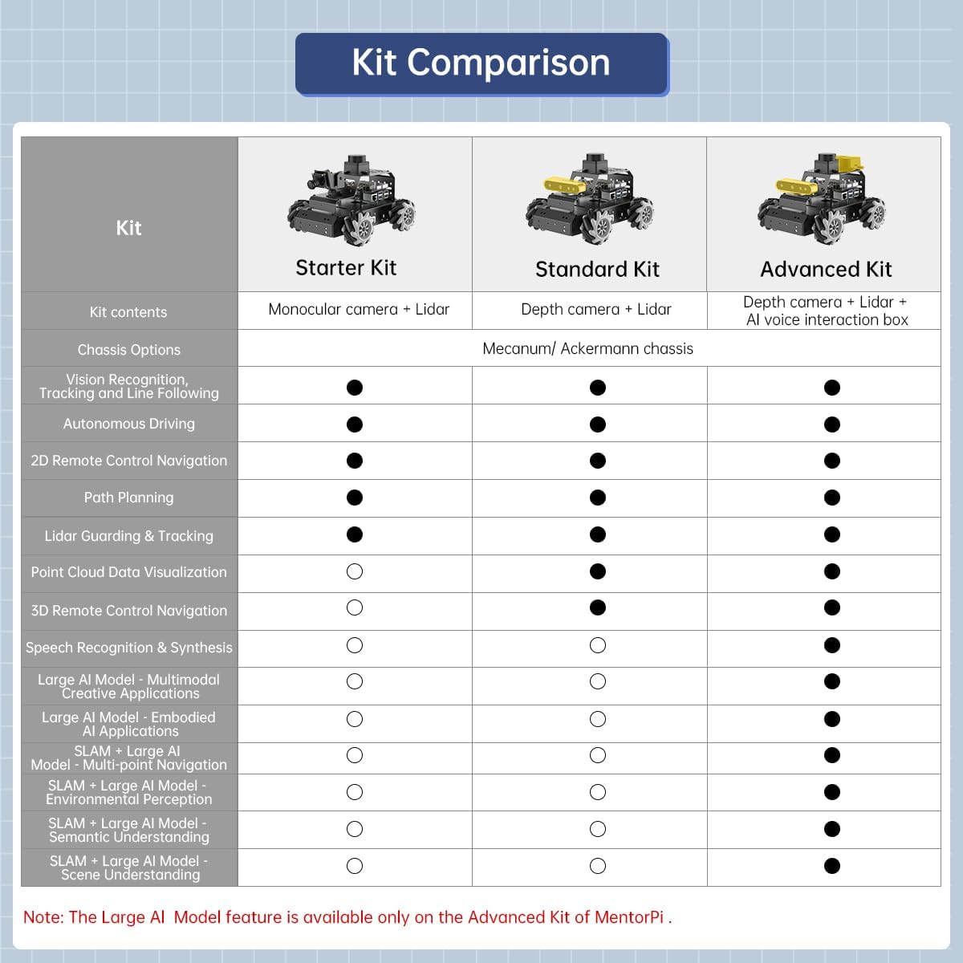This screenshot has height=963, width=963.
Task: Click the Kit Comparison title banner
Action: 481,63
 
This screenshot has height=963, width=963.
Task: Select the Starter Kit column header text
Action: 346,268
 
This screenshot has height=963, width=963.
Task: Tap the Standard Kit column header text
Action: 597,270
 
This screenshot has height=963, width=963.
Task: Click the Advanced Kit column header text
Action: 826,270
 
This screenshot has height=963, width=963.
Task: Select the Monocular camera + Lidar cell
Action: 359,310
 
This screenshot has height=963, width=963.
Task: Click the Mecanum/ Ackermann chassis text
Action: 587,348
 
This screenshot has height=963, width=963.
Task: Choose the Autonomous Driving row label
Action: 128,424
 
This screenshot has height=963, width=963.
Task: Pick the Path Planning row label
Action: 128,498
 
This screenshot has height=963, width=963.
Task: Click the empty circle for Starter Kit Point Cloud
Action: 355,571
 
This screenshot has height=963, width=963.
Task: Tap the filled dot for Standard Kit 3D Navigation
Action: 597,607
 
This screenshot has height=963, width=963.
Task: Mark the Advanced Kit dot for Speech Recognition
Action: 832,645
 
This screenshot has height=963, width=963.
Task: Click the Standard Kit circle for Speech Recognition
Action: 597,645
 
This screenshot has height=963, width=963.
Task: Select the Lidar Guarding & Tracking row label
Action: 128,536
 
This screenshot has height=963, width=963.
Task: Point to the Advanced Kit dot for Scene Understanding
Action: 832,866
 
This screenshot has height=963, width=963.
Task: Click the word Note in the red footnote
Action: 42,917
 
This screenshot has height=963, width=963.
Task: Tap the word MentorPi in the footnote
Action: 628,917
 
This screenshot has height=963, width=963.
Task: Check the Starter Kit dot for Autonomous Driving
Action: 355,425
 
